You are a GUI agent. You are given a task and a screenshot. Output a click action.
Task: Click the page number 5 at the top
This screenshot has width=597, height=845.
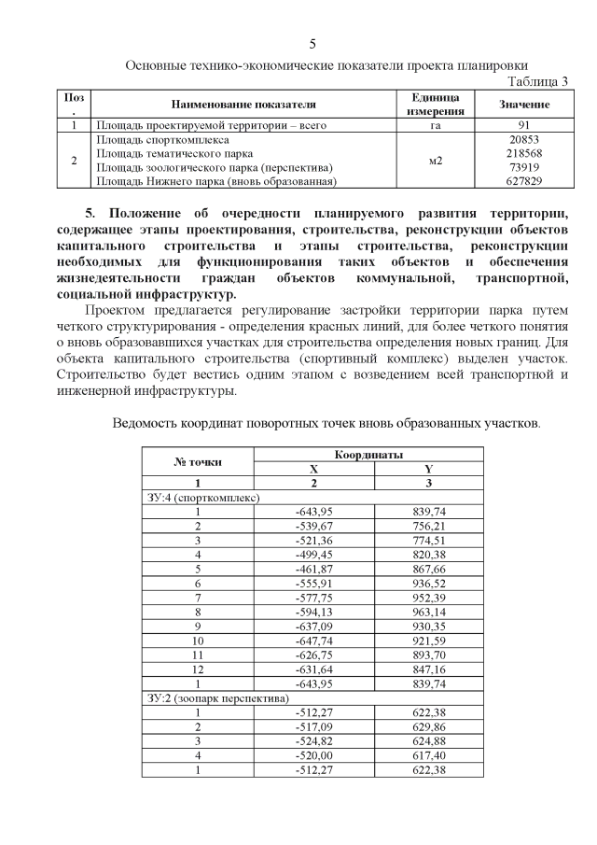(x=312, y=44)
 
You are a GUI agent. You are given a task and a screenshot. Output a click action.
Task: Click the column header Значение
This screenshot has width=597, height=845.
(x=524, y=104)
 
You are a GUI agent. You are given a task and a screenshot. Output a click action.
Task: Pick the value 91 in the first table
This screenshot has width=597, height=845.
(x=524, y=124)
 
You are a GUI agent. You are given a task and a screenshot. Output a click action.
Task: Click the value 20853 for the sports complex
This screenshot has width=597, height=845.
(x=524, y=138)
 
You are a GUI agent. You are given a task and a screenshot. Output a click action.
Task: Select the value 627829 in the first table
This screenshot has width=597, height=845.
(x=524, y=181)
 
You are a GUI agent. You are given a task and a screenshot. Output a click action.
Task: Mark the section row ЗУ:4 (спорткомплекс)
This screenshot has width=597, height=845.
(x=202, y=498)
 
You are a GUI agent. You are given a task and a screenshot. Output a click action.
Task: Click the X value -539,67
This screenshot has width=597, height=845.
(x=313, y=527)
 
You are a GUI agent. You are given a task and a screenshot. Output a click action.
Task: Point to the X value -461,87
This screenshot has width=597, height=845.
(x=313, y=569)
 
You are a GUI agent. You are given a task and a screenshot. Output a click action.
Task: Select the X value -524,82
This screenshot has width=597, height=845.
(x=313, y=740)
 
